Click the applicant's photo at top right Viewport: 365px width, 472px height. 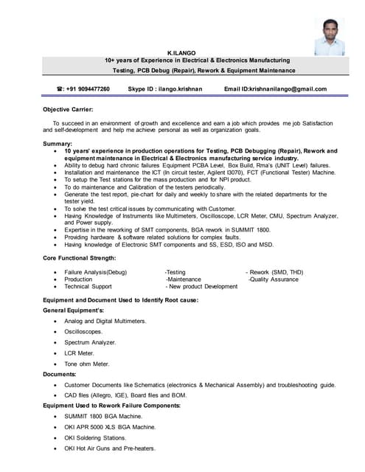pyautogui.click(x=329, y=37)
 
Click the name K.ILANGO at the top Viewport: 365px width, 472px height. pyautogui.click(x=182, y=53)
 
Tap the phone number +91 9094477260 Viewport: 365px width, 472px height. pyautogui.click(x=88, y=89)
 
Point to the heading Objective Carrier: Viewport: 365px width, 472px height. pyautogui.click(x=69, y=108)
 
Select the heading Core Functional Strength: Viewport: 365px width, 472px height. pyautogui.click(x=80, y=257)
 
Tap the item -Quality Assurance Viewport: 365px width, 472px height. pyautogui.click(x=275, y=280)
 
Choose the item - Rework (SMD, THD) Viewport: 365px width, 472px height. pyautogui.click(x=274, y=272)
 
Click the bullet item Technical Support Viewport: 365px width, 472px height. pyautogui.click(x=88, y=287)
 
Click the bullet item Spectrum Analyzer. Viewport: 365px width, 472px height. pyautogui.click(x=90, y=342)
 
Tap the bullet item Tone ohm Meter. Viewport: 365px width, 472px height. pyautogui.click(x=86, y=364)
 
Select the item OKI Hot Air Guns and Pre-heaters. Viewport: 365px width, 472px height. pyautogui.click(x=110, y=448)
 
